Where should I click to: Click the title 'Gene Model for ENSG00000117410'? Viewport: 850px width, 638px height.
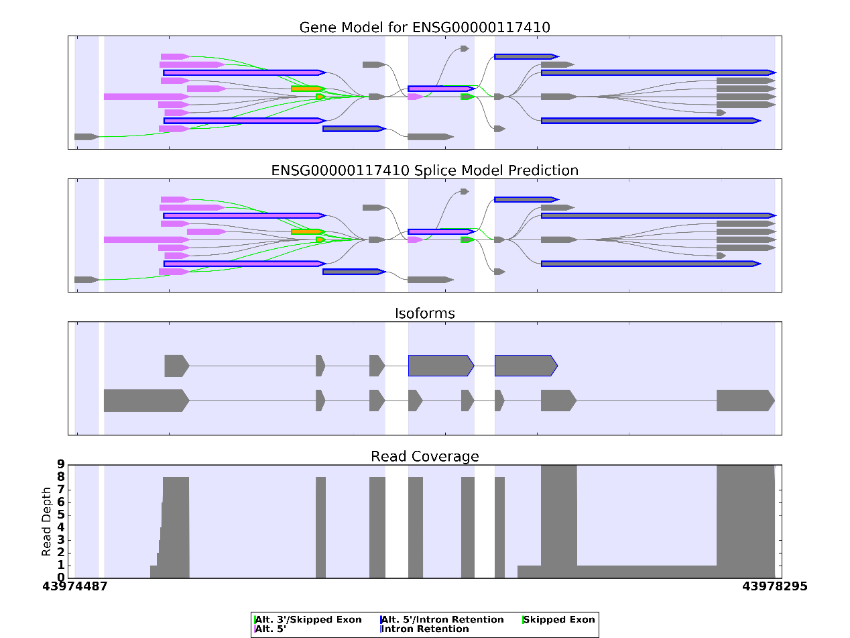pyautogui.click(x=424, y=28)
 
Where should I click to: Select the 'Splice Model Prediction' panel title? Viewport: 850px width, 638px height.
pyautogui.click(x=424, y=170)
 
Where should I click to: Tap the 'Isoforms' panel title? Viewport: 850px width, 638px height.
pyautogui.click(x=425, y=313)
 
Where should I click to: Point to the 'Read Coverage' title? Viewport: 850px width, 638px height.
pyautogui.click(x=425, y=457)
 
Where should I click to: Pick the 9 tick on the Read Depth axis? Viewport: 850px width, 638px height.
pyautogui.click(x=60, y=464)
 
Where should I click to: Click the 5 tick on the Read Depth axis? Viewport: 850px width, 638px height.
pyautogui.click(x=60, y=515)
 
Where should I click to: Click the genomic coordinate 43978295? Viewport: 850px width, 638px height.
pyautogui.click(x=774, y=586)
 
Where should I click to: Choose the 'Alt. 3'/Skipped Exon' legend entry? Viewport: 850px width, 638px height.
pyautogui.click(x=309, y=619)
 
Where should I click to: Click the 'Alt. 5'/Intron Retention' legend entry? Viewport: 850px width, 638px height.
pyautogui.click(x=442, y=619)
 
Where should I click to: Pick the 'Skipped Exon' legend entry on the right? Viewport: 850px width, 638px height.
pyautogui.click(x=560, y=619)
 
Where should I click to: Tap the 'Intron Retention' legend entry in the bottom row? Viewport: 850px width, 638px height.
pyautogui.click(x=426, y=629)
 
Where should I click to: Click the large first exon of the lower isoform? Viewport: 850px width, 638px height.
pyautogui.click(x=145, y=401)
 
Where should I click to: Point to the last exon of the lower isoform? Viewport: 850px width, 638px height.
pyautogui.click(x=745, y=401)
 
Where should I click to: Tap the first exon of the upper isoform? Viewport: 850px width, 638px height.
pyautogui.click(x=176, y=366)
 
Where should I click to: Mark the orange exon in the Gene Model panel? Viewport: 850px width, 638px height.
pyautogui.click(x=307, y=89)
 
